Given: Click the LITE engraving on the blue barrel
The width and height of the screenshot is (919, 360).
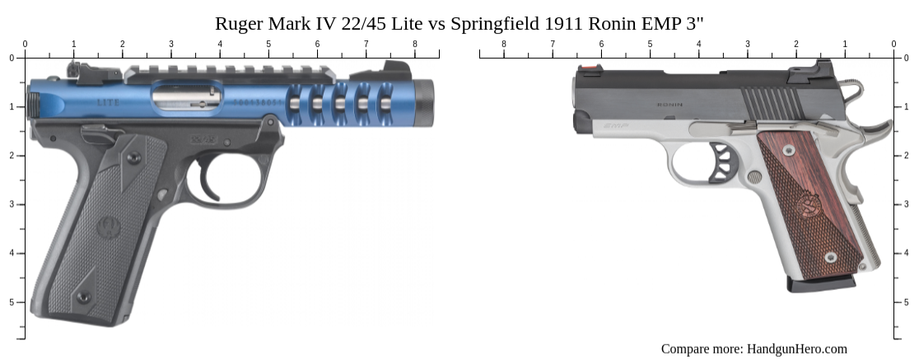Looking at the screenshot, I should tap(108, 103).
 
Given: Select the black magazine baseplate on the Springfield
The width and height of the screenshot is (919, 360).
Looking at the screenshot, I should tap(820, 283).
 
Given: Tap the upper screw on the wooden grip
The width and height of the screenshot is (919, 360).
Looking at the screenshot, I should tap(789, 150).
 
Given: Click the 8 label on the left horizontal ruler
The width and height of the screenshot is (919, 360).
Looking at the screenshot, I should tap(413, 44).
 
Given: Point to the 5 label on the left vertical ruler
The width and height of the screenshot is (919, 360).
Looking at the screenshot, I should tap(12, 302).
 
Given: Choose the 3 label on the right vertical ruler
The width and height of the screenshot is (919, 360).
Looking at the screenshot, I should tap(907, 204).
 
